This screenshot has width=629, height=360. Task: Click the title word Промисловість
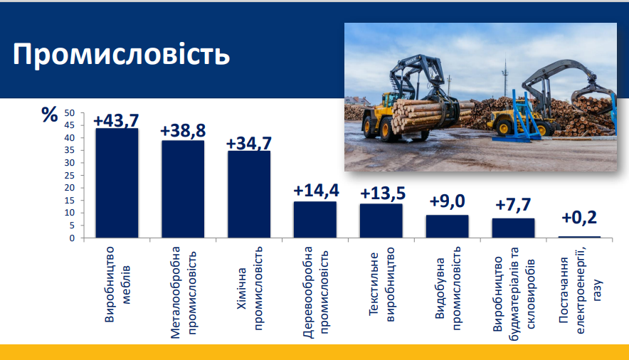[121, 55]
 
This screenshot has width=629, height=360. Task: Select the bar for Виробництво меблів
[117, 183]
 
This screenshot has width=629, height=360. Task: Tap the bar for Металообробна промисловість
[183, 189]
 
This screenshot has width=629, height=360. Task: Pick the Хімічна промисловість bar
[249, 194]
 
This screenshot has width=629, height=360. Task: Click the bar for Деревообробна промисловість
[315, 220]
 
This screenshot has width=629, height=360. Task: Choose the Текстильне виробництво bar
[381, 221]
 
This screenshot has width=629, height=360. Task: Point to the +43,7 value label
[116, 120]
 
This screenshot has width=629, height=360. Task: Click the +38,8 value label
[183, 131]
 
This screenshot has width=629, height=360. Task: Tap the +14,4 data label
[316, 191]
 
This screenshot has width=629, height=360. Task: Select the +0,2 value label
[579, 217]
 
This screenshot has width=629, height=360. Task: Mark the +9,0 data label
[448, 201]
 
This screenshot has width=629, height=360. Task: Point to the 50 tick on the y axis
[70, 113]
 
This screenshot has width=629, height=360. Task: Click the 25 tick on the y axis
[70, 176]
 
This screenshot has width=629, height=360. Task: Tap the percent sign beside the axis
[50, 115]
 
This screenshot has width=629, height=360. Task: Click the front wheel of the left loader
[384, 129]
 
